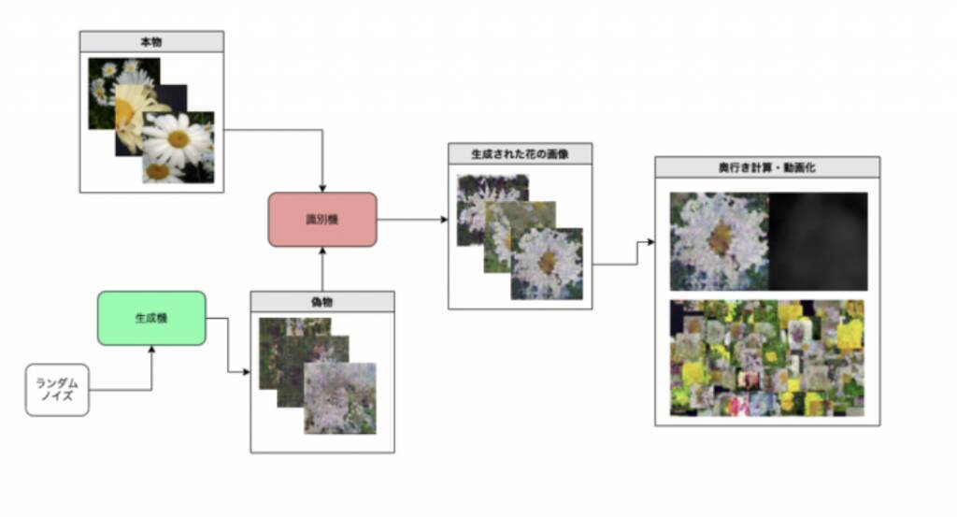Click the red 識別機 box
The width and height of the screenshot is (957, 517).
coord(322,220)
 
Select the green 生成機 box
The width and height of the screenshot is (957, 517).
coord(151,318)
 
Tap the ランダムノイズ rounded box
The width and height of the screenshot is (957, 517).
coord(57,390)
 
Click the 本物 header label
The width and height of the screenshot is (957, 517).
coord(151,41)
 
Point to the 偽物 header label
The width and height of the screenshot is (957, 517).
coord(321,301)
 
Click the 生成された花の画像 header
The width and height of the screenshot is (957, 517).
coord(520,153)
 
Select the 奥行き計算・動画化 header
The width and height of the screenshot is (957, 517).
coord(767,167)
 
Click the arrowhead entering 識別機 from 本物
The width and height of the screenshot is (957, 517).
coord(322,188)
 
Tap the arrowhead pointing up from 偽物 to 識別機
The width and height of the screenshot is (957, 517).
coord(322,251)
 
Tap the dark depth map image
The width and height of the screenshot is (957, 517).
coord(818,241)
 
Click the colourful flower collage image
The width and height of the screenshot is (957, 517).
coord(767,357)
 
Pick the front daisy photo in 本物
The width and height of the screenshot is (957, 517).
coord(178,147)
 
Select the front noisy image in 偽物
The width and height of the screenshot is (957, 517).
coord(340,398)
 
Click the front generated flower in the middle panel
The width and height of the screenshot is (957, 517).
coord(547,264)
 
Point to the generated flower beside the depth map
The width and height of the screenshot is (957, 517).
coord(719,241)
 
